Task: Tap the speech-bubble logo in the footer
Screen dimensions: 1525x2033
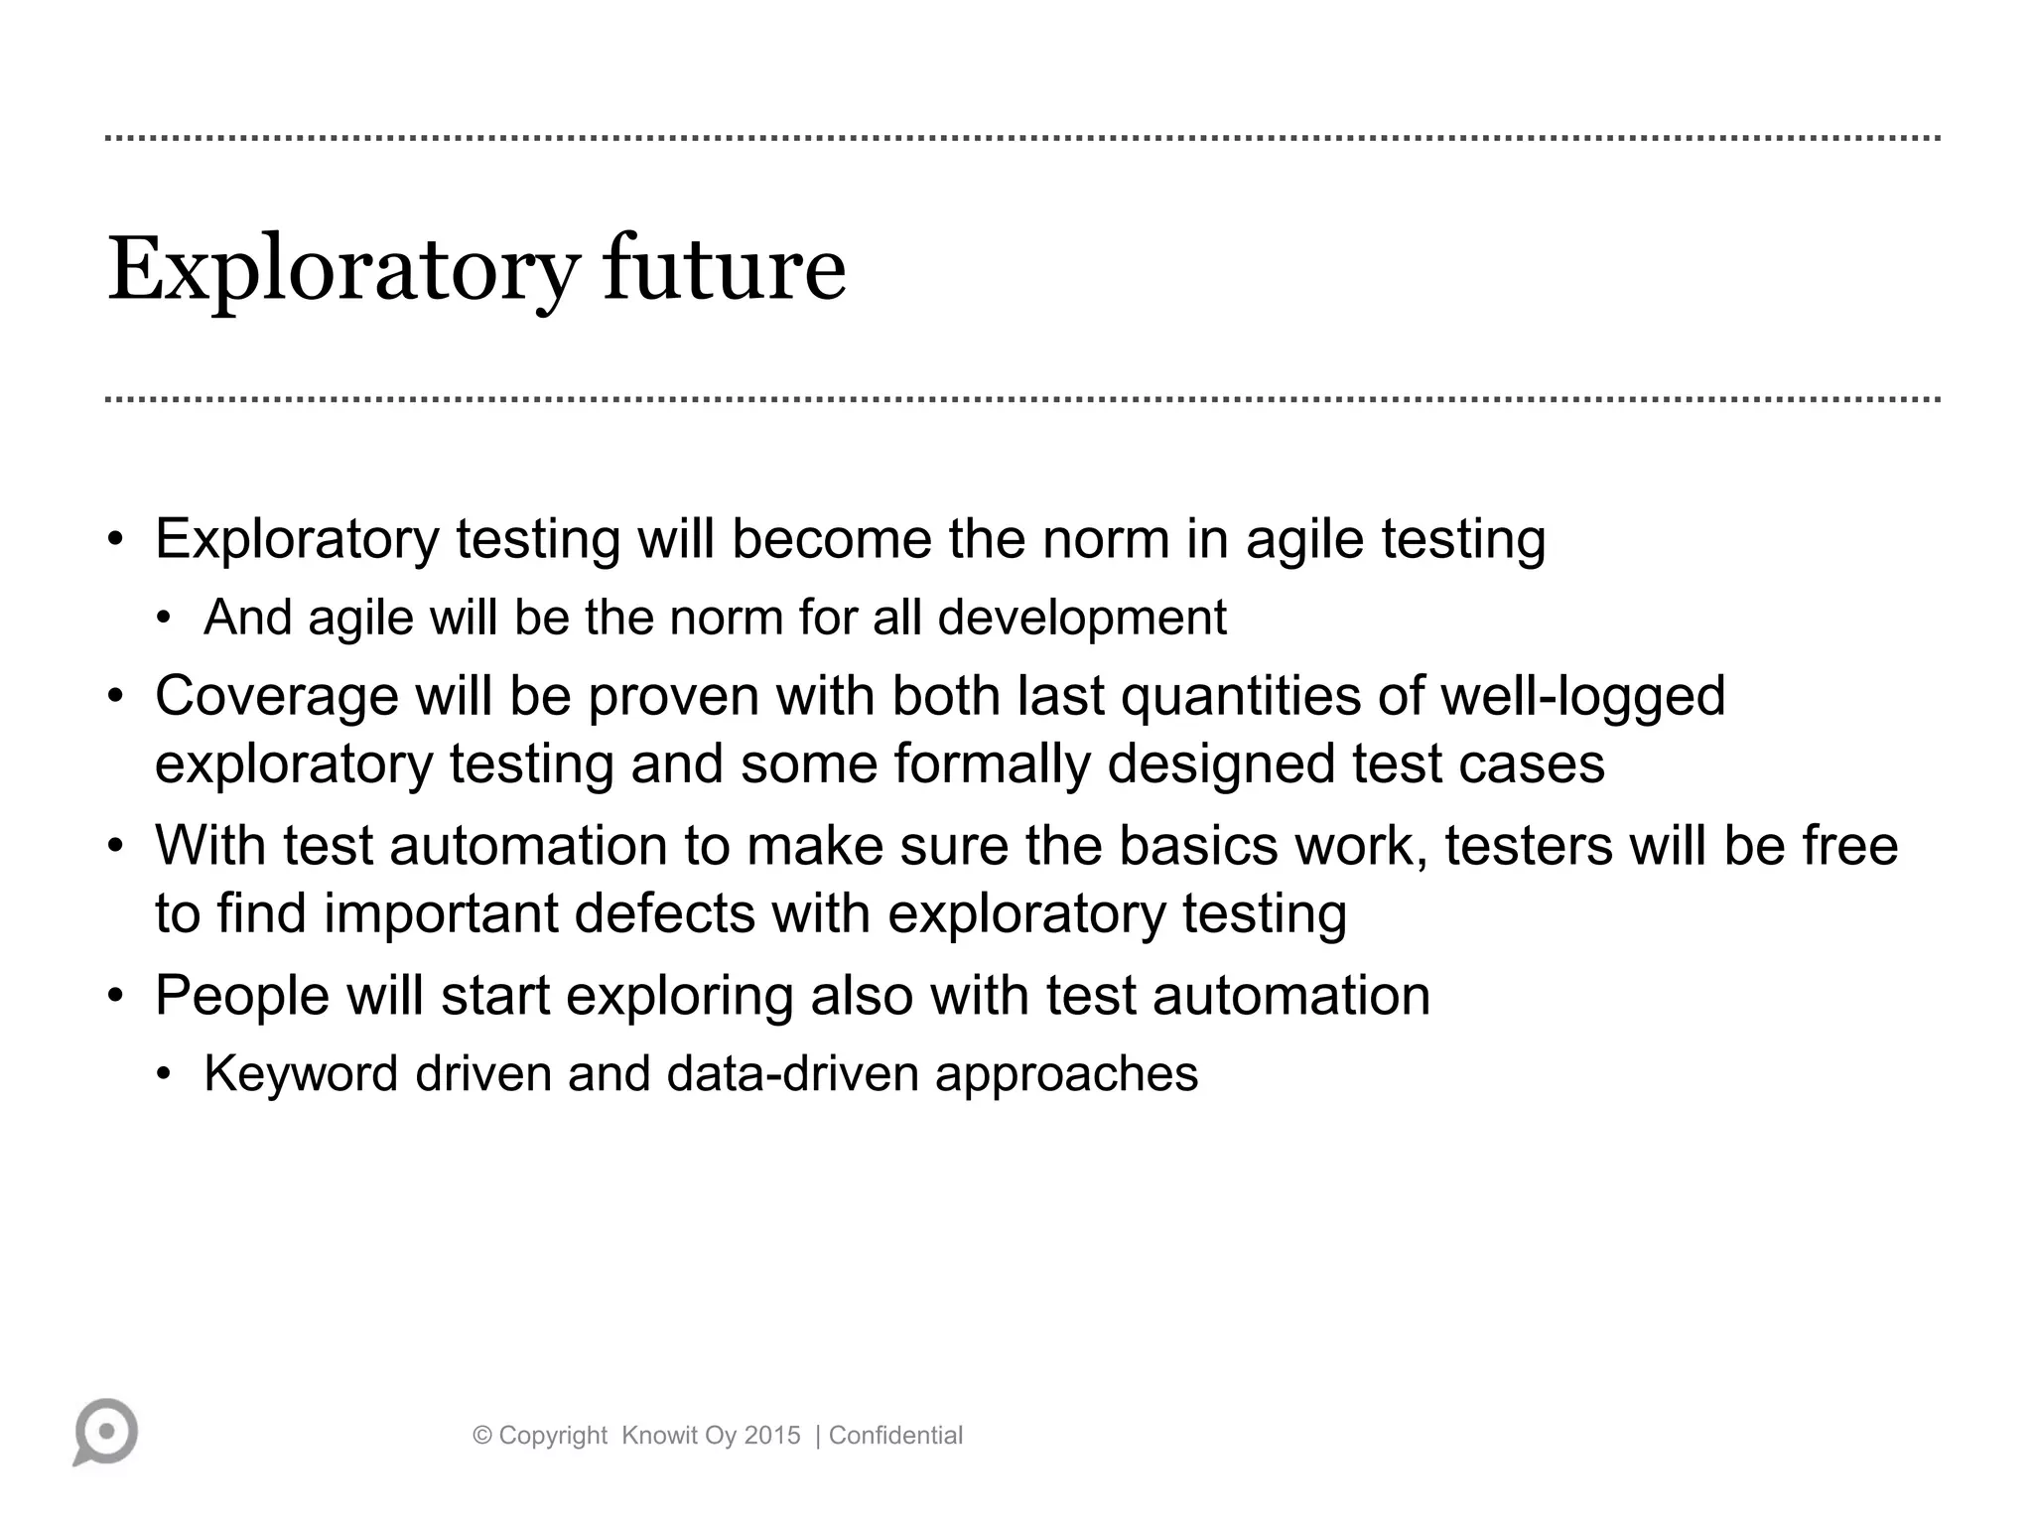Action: [105, 1432]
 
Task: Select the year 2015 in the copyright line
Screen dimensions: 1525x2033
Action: [772, 1435]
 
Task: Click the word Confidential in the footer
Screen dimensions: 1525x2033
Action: [895, 1435]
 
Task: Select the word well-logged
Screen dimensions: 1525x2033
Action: [1582, 696]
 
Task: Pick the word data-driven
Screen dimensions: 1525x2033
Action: [792, 1073]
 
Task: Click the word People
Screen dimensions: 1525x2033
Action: [241, 995]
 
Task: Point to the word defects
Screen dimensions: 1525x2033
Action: [664, 912]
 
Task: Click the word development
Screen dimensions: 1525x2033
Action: [1082, 618]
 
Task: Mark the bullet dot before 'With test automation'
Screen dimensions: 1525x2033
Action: [116, 847]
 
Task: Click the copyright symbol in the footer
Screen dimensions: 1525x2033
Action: [482, 1435]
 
